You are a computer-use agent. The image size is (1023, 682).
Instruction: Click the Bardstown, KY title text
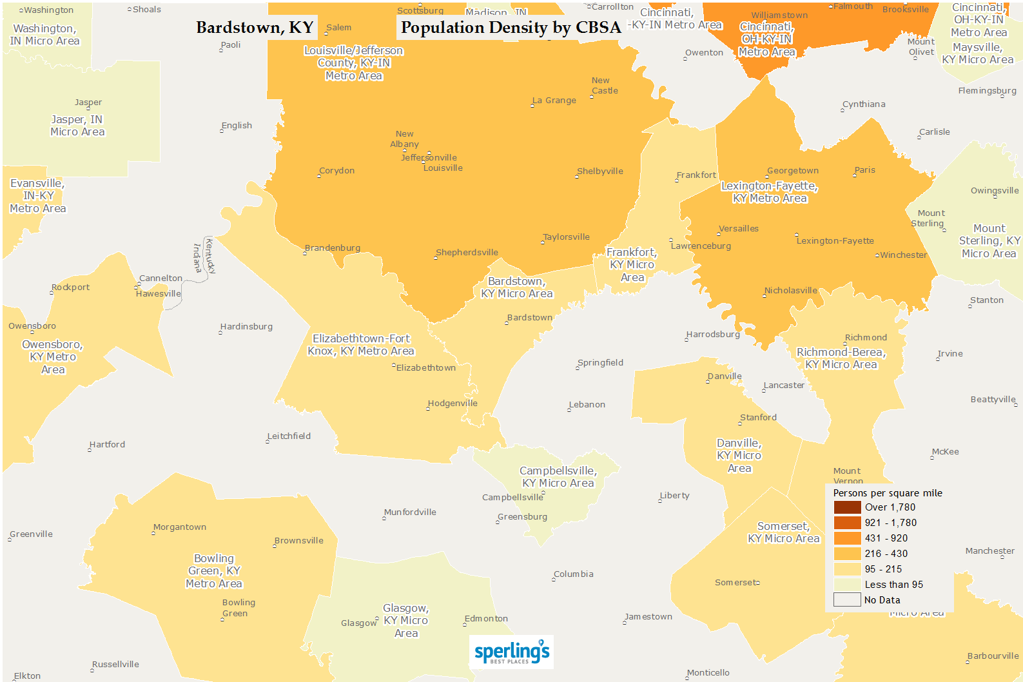255,28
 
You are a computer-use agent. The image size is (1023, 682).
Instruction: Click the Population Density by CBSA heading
511,28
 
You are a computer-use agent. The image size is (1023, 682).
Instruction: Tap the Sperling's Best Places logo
511,652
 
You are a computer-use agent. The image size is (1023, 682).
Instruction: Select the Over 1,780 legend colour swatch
847,507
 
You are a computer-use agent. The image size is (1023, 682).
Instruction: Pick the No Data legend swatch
847,600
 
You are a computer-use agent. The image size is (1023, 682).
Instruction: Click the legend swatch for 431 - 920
847,538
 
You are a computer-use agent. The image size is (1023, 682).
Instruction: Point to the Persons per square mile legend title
888,493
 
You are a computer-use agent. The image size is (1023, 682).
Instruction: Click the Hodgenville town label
453,404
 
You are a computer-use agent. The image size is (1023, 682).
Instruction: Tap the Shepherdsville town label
467,253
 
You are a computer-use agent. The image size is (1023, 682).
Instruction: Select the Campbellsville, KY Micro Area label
558,477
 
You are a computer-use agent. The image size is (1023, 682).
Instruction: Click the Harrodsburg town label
713,335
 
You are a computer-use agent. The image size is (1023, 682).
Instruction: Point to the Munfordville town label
410,512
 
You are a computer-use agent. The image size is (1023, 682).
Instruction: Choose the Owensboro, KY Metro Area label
53,357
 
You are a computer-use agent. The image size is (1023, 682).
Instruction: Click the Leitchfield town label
289,436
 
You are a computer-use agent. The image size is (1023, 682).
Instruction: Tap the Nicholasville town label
790,291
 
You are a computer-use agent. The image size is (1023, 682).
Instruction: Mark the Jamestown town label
648,617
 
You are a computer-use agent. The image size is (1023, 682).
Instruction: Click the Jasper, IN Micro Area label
77,126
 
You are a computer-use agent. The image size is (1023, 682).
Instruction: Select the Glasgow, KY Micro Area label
406,621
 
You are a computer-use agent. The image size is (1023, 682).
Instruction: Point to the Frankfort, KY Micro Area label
632,265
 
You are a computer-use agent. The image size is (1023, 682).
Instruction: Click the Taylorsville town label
566,237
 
